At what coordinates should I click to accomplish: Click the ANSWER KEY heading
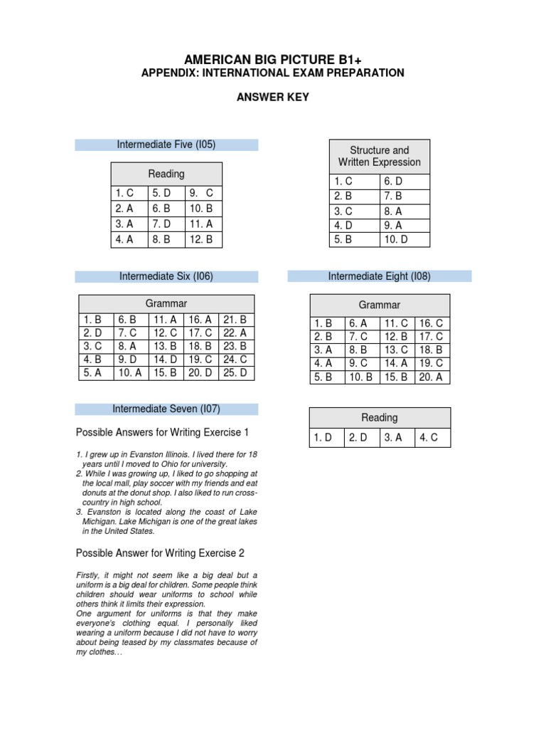pos(272,98)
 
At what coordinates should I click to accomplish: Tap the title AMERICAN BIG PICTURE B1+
pos(272,58)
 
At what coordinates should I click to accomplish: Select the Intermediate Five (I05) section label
pos(166,145)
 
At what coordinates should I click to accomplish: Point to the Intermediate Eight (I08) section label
pos(379,276)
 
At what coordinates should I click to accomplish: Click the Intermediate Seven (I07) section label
pos(166,409)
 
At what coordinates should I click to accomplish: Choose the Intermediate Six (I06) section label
pos(166,276)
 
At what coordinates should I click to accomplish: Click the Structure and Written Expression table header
pos(379,157)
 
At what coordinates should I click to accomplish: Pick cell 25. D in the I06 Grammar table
pos(235,372)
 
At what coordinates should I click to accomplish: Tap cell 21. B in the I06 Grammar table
pos(235,320)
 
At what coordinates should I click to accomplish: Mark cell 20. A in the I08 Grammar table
pos(432,377)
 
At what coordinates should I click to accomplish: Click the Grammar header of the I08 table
pos(379,305)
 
